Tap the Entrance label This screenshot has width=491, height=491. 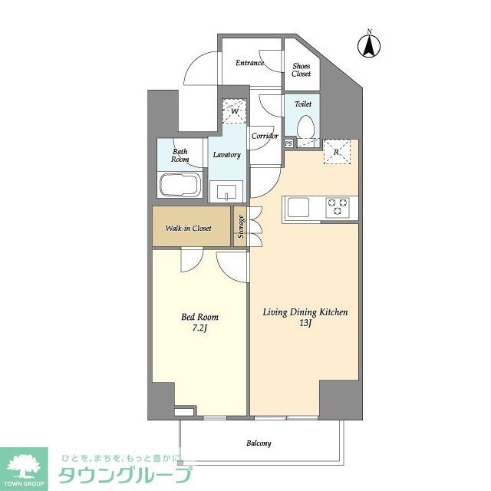250,63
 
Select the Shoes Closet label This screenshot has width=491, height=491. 301,70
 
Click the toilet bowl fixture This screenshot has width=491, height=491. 305,127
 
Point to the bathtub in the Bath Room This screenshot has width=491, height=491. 180,185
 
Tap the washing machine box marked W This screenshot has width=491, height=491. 233,112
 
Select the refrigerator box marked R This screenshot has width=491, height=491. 338,151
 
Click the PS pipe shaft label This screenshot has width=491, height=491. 288,143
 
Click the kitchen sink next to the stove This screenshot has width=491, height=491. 298,206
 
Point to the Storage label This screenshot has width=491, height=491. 241,227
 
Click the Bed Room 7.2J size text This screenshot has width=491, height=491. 200,328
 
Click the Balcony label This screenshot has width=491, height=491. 259,443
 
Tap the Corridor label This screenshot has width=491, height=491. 265,136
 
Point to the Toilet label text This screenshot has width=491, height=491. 302,103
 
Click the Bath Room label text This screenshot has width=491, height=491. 180,155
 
